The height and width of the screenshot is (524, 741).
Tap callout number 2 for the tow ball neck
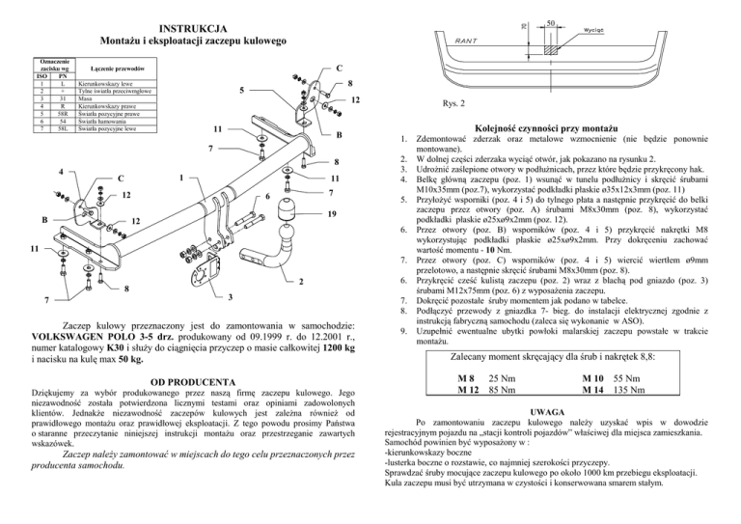(301, 282)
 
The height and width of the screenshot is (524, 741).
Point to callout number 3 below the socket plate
(230, 298)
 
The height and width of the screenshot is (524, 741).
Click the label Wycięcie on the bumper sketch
(596, 29)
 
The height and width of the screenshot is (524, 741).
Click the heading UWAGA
(554, 410)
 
